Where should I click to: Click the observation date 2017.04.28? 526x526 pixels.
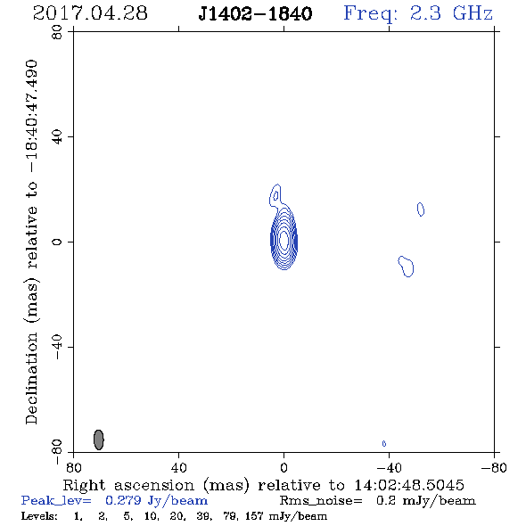[x=90, y=13]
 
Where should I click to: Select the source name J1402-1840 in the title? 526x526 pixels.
[x=255, y=13]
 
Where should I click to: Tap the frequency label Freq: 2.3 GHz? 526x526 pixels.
[x=418, y=14]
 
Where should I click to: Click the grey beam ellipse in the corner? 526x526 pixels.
[x=99, y=440]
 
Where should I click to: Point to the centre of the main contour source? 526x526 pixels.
[x=284, y=240]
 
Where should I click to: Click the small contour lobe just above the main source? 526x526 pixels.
[x=275, y=195]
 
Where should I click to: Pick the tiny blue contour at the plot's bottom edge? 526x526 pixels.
[x=384, y=443]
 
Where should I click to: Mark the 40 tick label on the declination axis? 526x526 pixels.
[x=57, y=137]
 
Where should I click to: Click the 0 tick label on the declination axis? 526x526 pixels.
[x=57, y=242]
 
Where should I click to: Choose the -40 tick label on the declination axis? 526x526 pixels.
[x=57, y=347]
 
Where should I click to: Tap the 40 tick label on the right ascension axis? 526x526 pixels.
[x=178, y=468]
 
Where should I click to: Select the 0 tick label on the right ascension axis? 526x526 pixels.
[x=284, y=468]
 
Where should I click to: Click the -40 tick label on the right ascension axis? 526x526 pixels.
[x=389, y=468]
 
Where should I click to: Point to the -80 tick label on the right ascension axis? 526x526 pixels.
[x=494, y=468]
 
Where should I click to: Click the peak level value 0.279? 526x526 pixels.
[x=123, y=500]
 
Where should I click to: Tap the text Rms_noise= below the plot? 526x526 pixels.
[x=321, y=501]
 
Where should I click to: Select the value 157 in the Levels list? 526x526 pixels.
[x=254, y=515]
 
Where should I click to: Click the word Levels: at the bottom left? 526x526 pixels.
[x=39, y=515]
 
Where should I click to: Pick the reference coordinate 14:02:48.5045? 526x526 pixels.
[x=409, y=485]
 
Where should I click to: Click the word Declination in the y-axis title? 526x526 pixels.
[x=31, y=379]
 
